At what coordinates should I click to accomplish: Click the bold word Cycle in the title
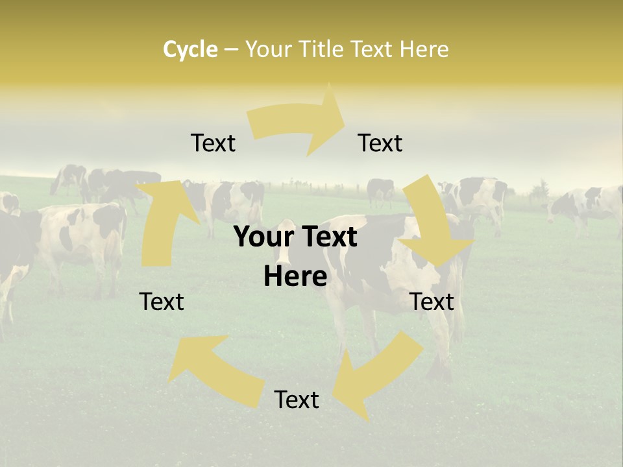coord(190,49)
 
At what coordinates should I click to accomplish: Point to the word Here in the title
coord(423,49)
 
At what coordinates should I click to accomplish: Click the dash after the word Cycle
coord(232,50)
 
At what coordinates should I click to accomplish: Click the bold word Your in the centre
coord(265,237)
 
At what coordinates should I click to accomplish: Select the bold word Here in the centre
coord(295,277)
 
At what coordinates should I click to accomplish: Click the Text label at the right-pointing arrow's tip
coord(380,143)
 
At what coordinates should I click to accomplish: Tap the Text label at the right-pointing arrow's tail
coord(213,143)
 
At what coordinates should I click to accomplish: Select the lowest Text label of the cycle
coord(297,400)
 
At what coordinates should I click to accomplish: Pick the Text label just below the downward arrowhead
coord(432,302)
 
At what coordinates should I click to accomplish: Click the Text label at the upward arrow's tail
coord(162,302)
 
